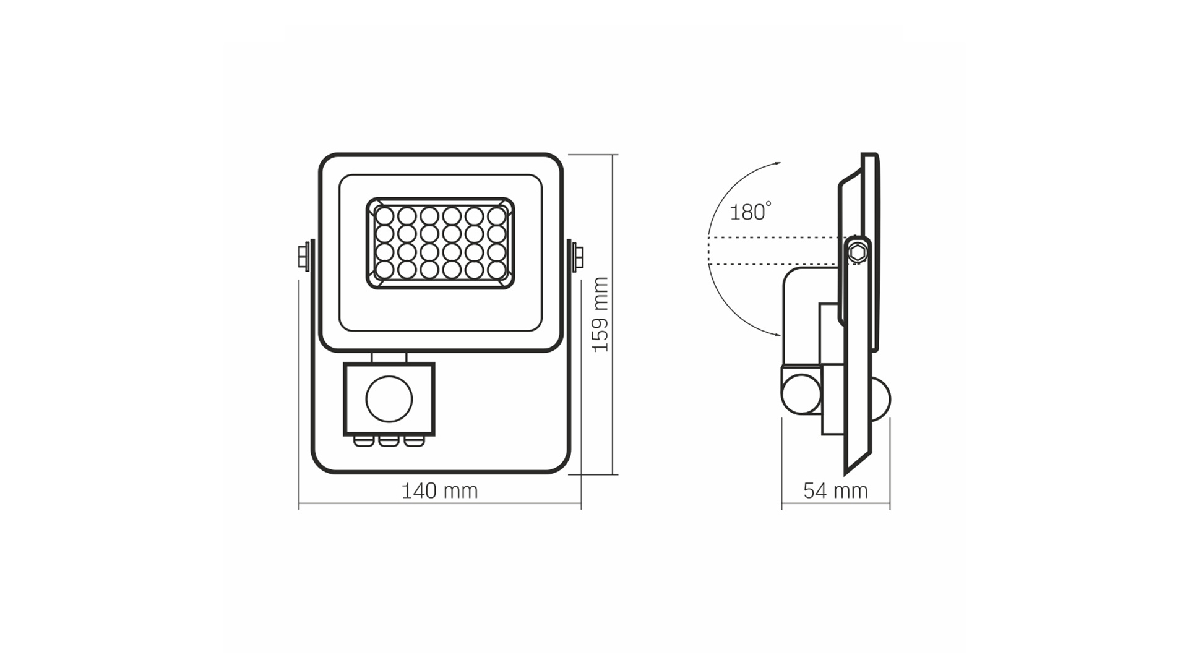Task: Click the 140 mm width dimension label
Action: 440,491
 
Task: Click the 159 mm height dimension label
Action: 600,315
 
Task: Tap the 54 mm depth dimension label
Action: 835,491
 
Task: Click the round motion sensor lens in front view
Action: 389,399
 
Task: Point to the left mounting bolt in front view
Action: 304,256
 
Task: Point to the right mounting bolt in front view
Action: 577,256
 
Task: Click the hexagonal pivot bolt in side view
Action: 857,252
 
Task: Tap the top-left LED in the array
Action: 384,216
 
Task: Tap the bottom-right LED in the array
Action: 496,270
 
